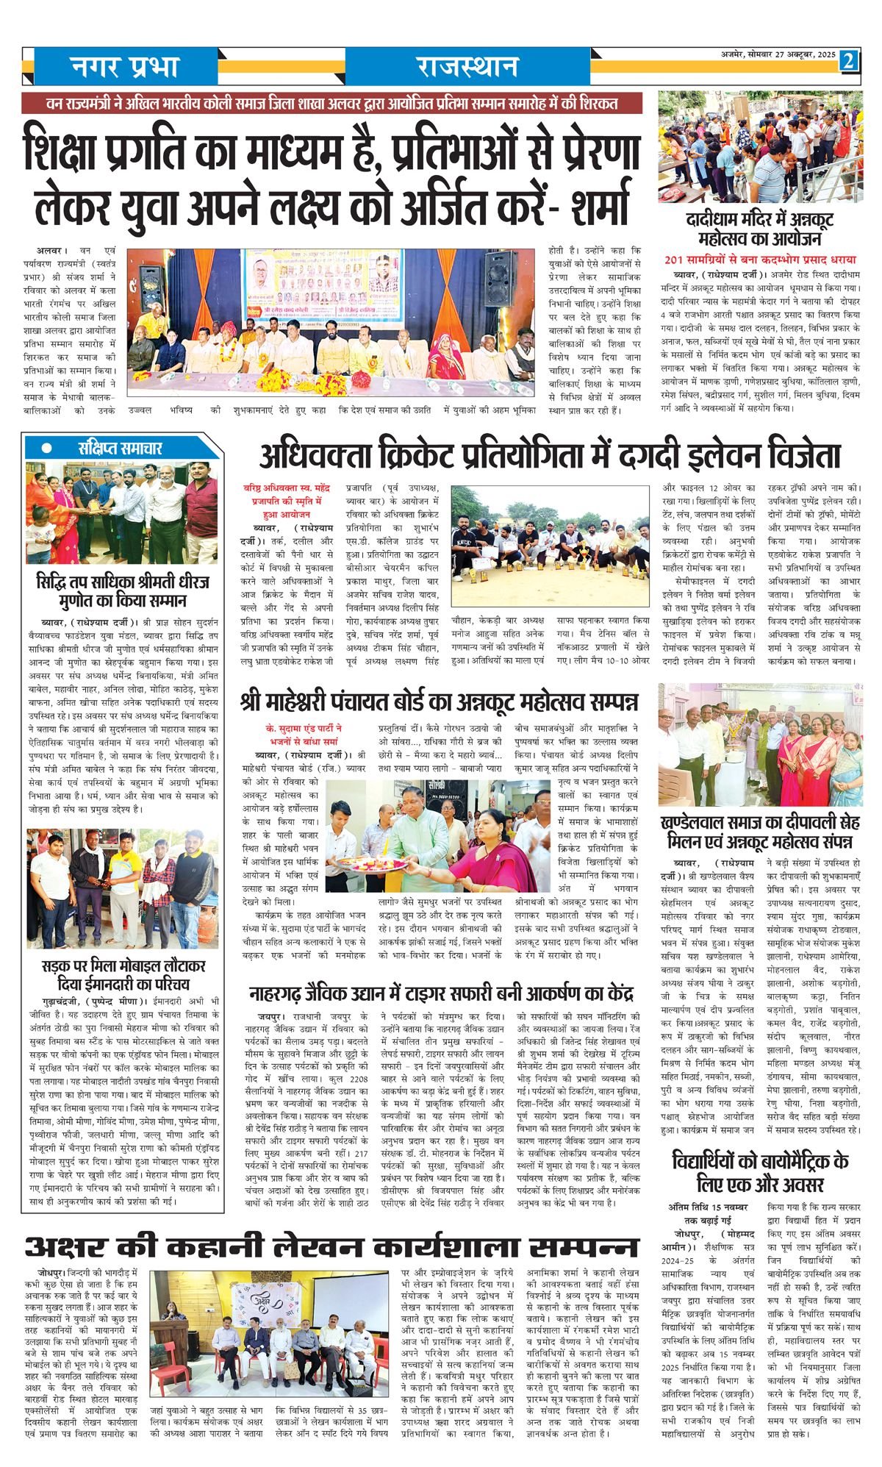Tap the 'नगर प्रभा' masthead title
point(125,68)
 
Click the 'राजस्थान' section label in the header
point(467,68)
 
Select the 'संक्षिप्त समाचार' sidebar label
point(121,448)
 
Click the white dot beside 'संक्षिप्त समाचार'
point(47,448)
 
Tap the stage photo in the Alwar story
point(331,323)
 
